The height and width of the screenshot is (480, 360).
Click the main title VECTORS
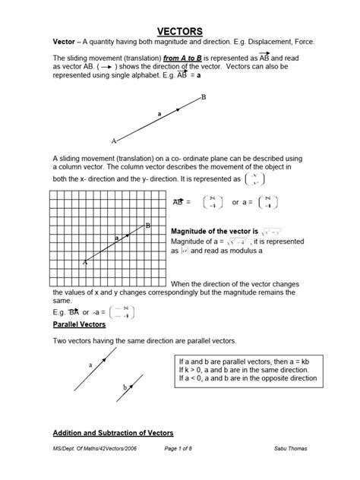[179, 30]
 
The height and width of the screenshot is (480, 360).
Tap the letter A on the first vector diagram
[114, 141]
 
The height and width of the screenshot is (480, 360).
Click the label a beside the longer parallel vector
[90, 365]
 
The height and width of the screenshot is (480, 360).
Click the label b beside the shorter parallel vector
[125, 388]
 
